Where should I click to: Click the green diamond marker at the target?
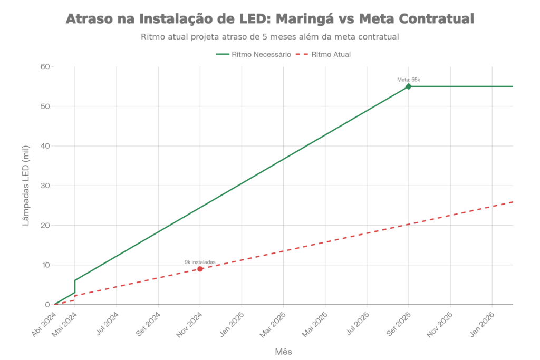coord(408,86)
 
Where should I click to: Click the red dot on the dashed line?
coord(200,269)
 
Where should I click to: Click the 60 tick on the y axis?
coord(46,67)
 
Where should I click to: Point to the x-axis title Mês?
coord(284,351)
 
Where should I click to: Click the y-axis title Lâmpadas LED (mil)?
coord(26,186)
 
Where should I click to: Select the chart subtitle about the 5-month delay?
coord(269,37)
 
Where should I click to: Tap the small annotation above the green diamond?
coord(408,80)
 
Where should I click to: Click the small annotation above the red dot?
coord(200,262)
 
